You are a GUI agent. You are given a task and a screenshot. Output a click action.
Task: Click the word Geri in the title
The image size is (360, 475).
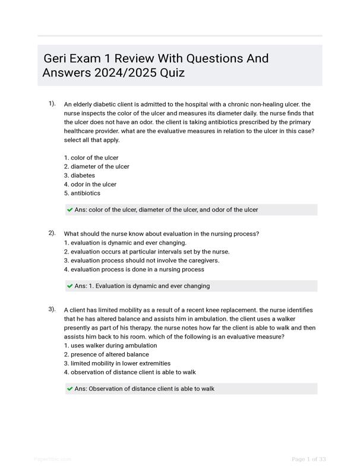pyautogui.click(x=56, y=59)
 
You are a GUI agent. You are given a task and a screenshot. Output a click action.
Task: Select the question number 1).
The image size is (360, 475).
pyautogui.click(x=52, y=104)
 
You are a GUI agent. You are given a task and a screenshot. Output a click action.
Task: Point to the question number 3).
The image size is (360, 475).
pyautogui.click(x=52, y=309)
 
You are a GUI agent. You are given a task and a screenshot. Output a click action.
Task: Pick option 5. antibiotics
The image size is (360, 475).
pyautogui.click(x=82, y=194)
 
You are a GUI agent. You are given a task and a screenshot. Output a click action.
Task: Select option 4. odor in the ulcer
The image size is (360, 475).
pyautogui.click(x=90, y=185)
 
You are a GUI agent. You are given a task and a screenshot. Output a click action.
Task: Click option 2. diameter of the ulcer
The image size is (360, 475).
pyautogui.click(x=96, y=167)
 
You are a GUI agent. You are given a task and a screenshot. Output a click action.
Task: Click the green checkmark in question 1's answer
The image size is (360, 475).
pyautogui.click(x=70, y=210)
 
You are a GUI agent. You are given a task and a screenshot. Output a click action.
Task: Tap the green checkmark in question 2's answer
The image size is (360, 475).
pyautogui.click(x=70, y=286)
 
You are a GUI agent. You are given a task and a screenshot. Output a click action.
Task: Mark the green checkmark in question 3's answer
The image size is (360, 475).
pyautogui.click(x=70, y=389)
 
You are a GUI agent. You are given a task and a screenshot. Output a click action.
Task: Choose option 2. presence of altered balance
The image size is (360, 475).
pyautogui.click(x=106, y=354)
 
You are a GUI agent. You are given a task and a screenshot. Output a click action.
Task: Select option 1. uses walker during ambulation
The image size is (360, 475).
pyautogui.click(x=110, y=346)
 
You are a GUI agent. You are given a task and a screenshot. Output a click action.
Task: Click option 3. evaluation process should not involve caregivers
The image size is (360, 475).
pyautogui.click(x=141, y=261)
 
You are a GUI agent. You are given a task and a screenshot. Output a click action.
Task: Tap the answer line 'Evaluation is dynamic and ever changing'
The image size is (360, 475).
pyautogui.click(x=142, y=286)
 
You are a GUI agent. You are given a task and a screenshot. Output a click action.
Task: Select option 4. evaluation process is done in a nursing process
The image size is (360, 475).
pyautogui.click(x=134, y=270)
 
